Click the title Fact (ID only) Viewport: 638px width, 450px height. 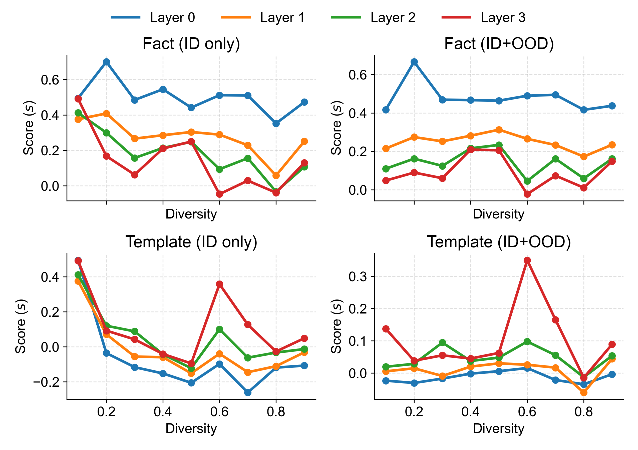tap(191, 43)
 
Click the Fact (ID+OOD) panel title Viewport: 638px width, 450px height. tap(499, 43)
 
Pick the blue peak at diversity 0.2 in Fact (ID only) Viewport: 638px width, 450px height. tap(106, 62)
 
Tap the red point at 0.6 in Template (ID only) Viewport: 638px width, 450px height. tap(219, 284)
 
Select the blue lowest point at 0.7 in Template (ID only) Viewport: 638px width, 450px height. tap(248, 392)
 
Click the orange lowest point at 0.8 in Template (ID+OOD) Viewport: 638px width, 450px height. tap(584, 392)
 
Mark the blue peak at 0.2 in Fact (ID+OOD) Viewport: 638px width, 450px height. tap(414, 62)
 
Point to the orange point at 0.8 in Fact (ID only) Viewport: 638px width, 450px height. tap(276, 175)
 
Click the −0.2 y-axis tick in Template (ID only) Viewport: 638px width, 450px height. tap(46, 382)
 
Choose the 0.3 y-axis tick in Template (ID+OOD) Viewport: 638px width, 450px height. tap(358, 276)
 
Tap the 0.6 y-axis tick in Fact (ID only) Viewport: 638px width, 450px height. tap(50, 80)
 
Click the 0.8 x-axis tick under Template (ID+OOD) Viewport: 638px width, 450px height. tap(584, 412)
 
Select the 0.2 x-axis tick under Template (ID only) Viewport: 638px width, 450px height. tap(106, 412)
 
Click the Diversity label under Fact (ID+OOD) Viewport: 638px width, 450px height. tap(499, 214)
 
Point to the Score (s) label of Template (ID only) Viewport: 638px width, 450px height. tap(21, 326)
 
